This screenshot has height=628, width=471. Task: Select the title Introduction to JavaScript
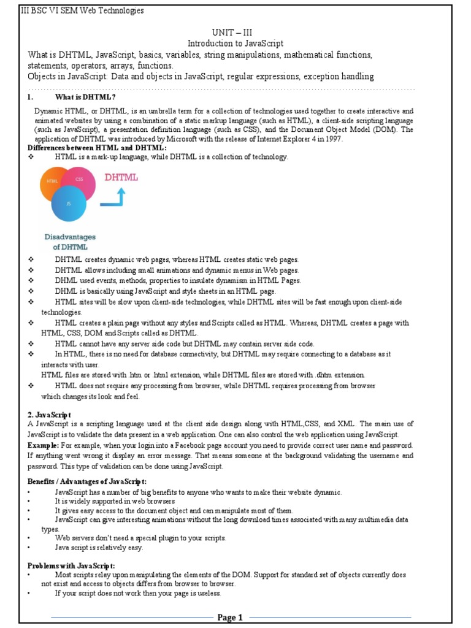(235, 44)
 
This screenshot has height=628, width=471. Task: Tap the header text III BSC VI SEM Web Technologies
(83, 10)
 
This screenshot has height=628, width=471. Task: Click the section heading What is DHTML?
(85, 98)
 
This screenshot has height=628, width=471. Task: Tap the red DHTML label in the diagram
(121, 178)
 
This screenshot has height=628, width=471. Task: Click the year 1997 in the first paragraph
(333, 139)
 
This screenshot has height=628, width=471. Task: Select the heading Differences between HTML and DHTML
(97, 148)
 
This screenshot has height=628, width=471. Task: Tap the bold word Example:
(43, 445)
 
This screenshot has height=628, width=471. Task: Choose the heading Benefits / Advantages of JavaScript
(87, 481)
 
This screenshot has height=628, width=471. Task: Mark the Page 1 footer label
(231, 617)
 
